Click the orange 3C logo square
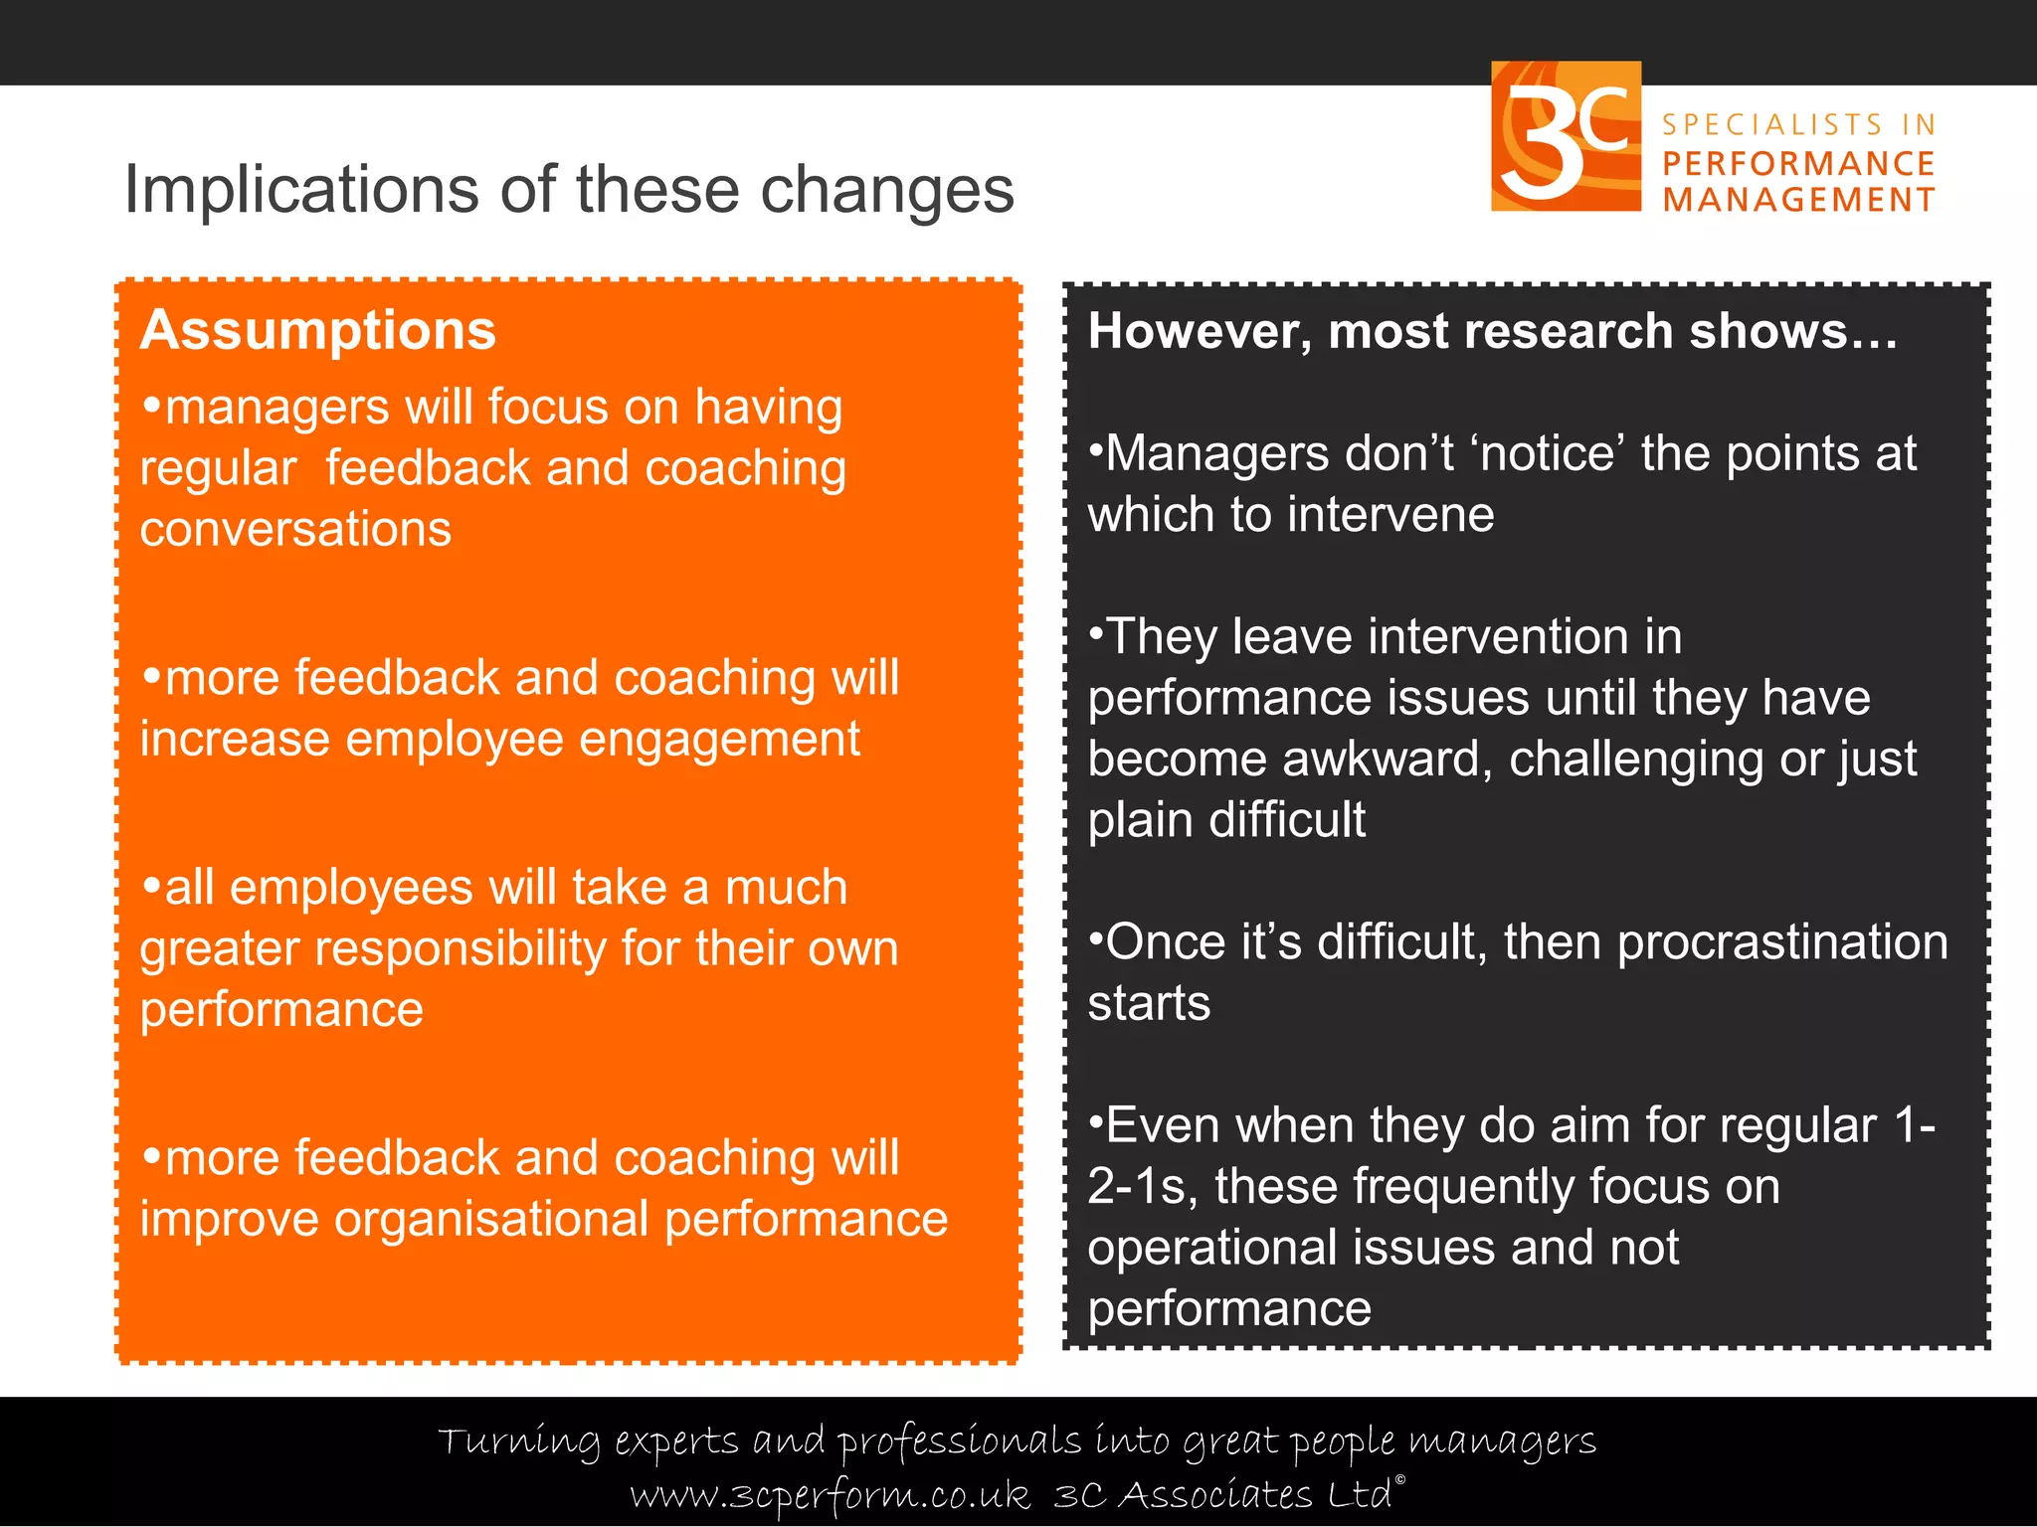point(1566,136)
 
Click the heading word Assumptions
point(317,330)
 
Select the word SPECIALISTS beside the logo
point(1772,125)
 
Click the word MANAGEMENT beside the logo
point(1798,200)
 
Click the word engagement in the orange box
point(719,740)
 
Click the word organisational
point(491,1220)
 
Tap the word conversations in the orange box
point(295,529)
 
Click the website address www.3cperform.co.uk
point(830,1495)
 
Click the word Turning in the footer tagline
point(519,1441)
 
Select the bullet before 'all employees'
point(152,886)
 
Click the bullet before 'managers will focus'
point(152,406)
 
